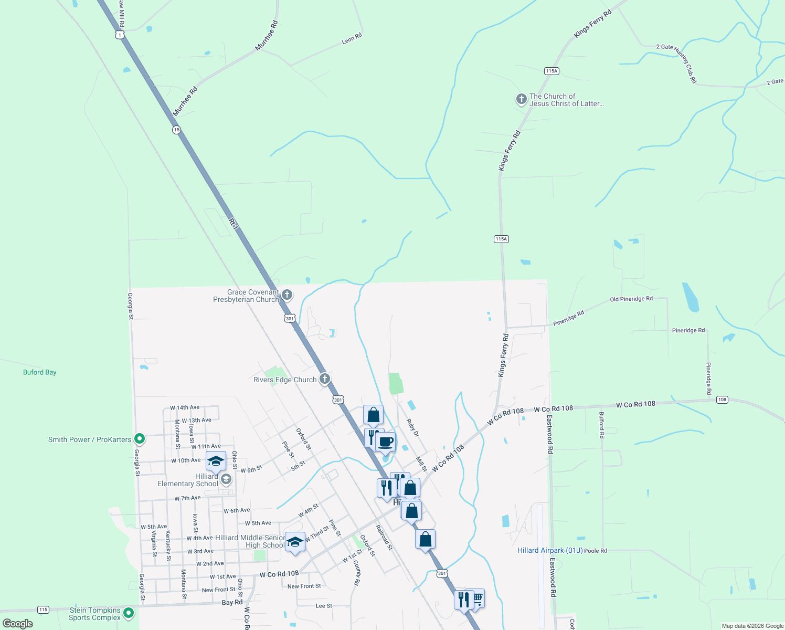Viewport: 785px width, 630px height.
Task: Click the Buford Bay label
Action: coord(40,372)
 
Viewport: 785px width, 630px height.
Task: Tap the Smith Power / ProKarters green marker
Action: coord(140,438)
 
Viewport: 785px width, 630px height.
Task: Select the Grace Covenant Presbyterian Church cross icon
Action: coord(287,295)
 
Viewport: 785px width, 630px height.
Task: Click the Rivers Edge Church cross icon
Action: coord(325,379)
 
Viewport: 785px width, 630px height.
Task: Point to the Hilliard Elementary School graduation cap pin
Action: coord(216,461)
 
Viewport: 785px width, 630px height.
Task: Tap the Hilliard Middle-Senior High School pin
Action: coord(295,542)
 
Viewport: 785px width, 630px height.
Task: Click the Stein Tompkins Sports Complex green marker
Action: coord(129,613)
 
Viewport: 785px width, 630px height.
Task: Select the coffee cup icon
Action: coord(386,442)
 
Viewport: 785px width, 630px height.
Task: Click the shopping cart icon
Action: coord(477,597)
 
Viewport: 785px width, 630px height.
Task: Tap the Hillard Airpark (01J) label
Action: coord(549,550)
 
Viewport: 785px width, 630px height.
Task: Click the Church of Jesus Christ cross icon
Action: coord(521,99)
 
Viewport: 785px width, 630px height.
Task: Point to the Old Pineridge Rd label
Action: coord(631,299)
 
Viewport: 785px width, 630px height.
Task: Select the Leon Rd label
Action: coord(352,38)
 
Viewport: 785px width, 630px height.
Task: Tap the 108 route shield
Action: coord(722,400)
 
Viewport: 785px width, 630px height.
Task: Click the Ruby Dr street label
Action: coord(413,427)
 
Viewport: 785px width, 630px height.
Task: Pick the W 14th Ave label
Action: coord(185,407)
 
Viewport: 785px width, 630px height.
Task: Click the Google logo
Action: coord(18,624)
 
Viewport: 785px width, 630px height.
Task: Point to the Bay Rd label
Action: coord(232,603)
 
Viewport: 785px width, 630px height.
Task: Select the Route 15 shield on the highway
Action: coord(177,130)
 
